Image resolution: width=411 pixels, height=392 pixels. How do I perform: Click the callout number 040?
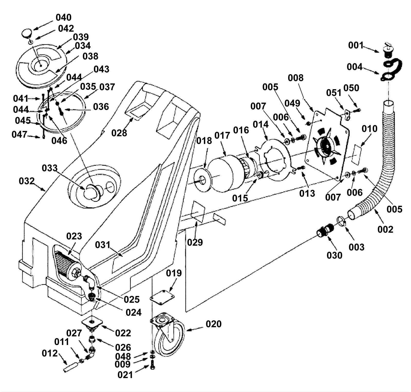pos(63,17)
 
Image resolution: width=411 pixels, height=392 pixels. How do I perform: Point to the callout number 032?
pos(26,181)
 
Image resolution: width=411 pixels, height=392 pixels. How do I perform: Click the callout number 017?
pos(222,135)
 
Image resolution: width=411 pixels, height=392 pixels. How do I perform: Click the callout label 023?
pos(74,236)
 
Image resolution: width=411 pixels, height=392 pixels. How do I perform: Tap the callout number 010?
pos(370,129)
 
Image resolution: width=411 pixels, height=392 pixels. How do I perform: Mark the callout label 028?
pos(119,133)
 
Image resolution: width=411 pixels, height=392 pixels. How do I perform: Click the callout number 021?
pos(125,375)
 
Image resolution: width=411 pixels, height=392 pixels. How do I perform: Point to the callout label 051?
pos(334,93)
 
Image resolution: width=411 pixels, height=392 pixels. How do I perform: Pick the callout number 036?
pos(101,106)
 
